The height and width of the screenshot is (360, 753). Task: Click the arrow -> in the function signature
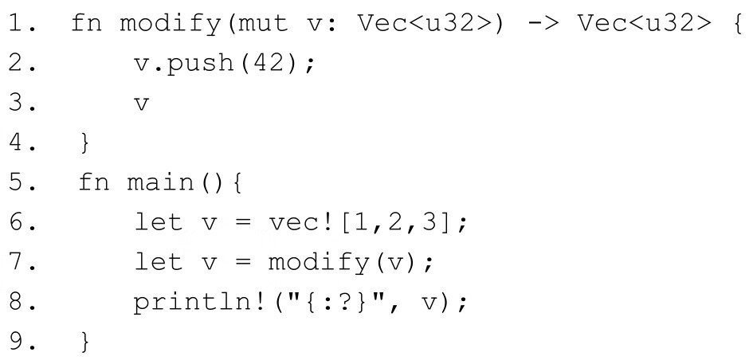click(x=545, y=23)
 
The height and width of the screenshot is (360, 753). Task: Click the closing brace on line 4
click(x=86, y=143)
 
